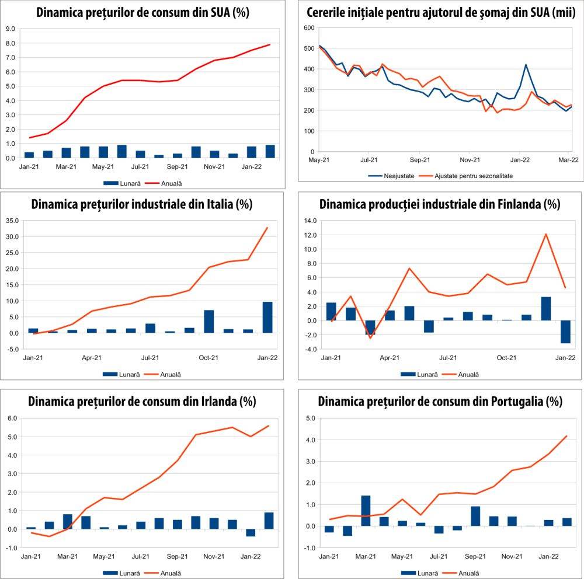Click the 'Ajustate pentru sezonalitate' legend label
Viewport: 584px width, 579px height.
click(x=477, y=175)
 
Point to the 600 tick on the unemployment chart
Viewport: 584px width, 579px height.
click(x=309, y=28)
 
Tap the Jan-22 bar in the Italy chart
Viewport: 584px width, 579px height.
click(x=267, y=317)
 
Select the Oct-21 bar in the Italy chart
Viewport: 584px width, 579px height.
click(x=208, y=321)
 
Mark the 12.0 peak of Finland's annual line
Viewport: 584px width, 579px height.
click(x=545, y=234)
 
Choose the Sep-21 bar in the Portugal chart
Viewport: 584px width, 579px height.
click(x=475, y=516)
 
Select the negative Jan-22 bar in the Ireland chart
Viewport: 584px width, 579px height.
click(x=251, y=533)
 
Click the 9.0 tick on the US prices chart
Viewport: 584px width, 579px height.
click(x=10, y=28)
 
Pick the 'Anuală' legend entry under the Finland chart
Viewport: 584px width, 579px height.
click(x=468, y=374)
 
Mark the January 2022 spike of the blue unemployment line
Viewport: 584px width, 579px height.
click(x=526, y=65)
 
